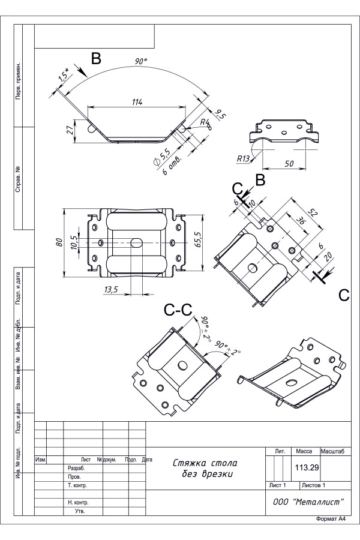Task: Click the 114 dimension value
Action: (x=137, y=103)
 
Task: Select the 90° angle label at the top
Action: (x=141, y=62)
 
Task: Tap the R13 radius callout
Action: (x=243, y=159)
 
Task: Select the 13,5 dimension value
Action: (x=111, y=290)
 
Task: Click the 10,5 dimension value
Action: (x=74, y=242)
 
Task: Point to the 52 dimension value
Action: (x=312, y=212)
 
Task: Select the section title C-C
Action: (x=178, y=310)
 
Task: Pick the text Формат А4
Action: (x=331, y=519)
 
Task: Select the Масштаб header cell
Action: (x=336, y=450)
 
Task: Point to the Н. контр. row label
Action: (x=79, y=502)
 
